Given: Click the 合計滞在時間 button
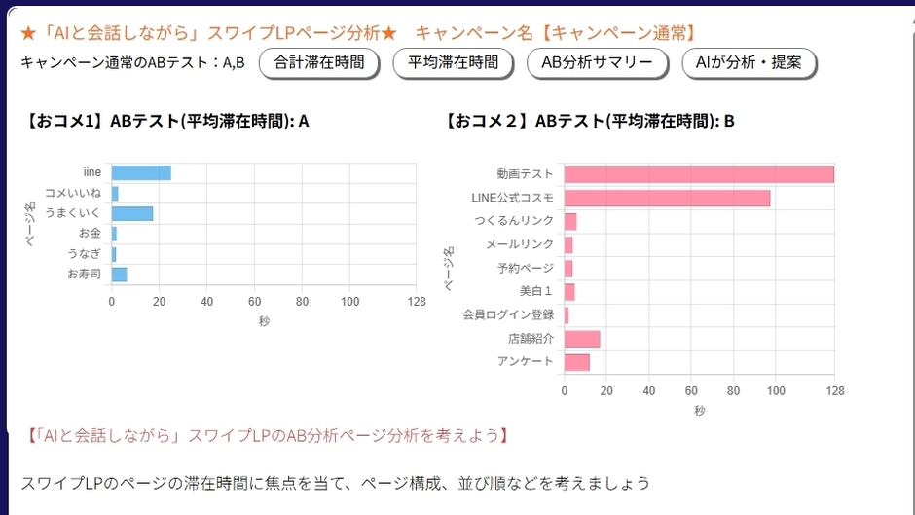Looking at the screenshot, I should coord(319,63).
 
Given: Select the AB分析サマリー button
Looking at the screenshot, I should coord(598,63).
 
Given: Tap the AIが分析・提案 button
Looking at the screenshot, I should coord(750,63).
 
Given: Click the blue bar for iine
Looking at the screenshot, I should coord(141,173).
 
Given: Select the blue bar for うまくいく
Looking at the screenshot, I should coord(132,213).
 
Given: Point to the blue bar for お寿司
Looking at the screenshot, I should coord(119,275).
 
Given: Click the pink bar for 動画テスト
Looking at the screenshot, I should coord(699,174).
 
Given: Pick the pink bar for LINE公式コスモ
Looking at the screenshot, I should coord(667,198).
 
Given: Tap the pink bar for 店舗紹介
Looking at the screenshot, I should coord(582,339).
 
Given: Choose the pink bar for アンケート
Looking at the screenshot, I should coord(577,362).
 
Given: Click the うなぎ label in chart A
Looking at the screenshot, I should coord(84,254).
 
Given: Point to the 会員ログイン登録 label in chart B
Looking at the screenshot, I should coord(508,314).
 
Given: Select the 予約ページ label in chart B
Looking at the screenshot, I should coord(526,268).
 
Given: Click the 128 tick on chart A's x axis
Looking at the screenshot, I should coord(417,302).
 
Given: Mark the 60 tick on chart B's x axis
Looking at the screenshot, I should coord(691,390).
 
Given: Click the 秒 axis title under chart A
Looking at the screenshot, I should coord(264,321).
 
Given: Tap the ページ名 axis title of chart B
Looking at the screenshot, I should coord(450,269).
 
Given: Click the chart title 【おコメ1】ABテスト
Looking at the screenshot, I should coord(168,122).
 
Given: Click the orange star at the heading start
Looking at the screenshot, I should coord(28,32).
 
